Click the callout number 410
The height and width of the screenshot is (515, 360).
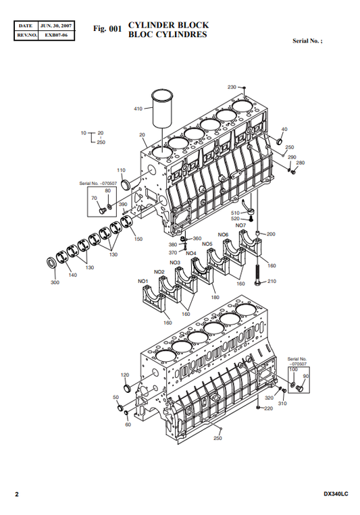pyautogui.click(x=138, y=109)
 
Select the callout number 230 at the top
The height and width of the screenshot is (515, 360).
pyautogui.click(x=232, y=87)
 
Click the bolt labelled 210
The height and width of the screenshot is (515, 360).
pyautogui.click(x=258, y=275)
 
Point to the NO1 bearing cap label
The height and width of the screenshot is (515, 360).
pyautogui.click(x=143, y=281)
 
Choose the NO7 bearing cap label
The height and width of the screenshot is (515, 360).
pyautogui.click(x=240, y=225)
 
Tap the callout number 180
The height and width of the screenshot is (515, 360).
pyautogui.click(x=215, y=297)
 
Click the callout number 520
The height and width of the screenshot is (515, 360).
pyautogui.click(x=236, y=219)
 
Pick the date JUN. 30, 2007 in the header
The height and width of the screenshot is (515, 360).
pyautogui.click(x=56, y=26)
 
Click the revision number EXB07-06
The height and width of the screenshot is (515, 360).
pyautogui.click(x=56, y=35)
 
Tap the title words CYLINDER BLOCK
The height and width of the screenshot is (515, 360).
pyautogui.click(x=168, y=25)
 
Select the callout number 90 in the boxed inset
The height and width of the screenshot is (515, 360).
pyautogui.click(x=306, y=376)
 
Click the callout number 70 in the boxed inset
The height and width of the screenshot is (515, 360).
pyautogui.click(x=94, y=198)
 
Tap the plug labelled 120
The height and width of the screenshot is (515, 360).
pyautogui.click(x=127, y=387)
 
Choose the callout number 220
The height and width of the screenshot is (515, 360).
pyautogui.click(x=269, y=408)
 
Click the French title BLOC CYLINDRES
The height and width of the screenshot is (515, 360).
pyautogui.click(x=168, y=34)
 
